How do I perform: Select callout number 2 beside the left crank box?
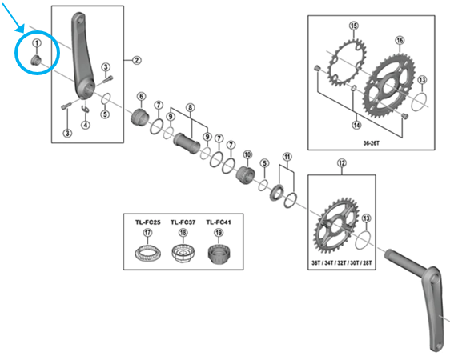(x=136, y=60)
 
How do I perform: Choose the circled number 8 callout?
(x=191, y=106)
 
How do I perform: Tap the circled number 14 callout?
(x=356, y=124)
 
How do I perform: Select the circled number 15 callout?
(x=353, y=26)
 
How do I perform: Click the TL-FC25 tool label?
(x=147, y=222)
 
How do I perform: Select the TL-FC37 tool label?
(x=183, y=222)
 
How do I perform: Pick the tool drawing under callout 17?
(x=147, y=256)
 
